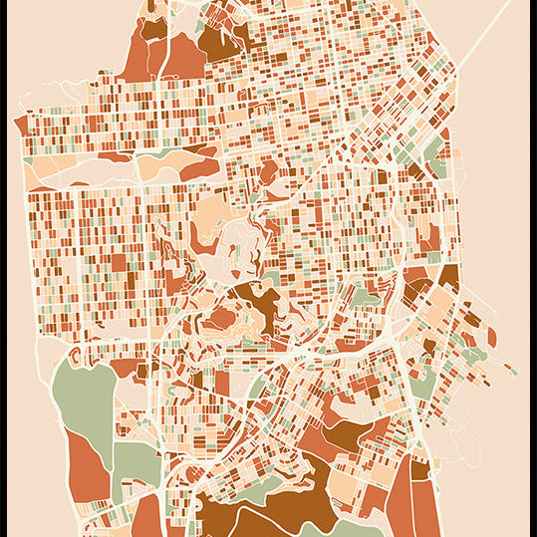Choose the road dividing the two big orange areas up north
(159, 55)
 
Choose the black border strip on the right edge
(533, 269)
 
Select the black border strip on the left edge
(3, 269)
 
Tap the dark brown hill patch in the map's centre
(261, 304)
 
